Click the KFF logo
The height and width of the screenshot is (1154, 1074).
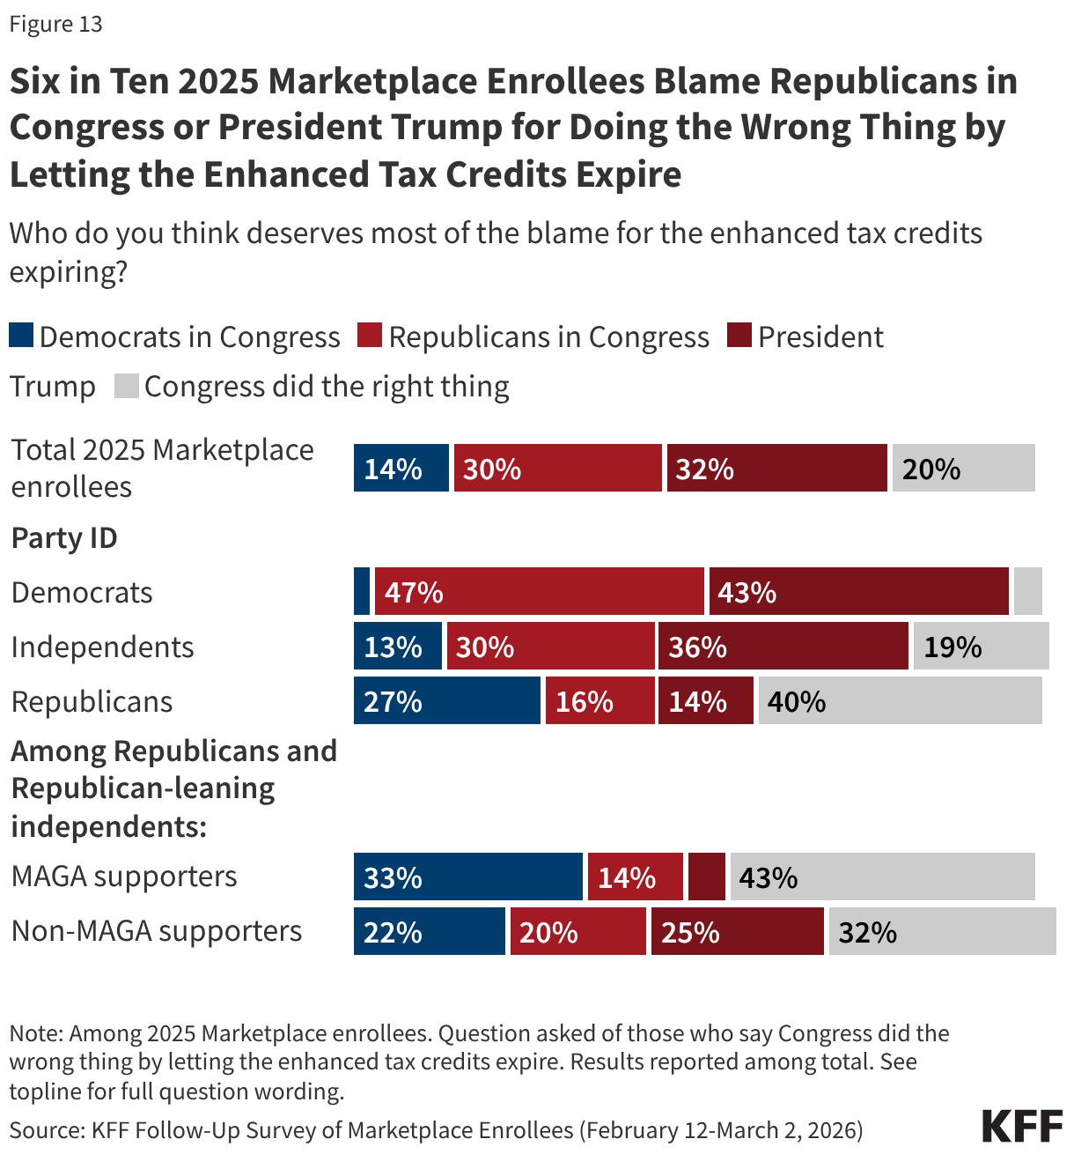coord(1022,1127)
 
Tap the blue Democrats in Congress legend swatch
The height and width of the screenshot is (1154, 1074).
coord(21,336)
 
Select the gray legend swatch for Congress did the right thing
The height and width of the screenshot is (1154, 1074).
coord(127,386)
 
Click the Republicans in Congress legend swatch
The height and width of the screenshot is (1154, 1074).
coord(370,336)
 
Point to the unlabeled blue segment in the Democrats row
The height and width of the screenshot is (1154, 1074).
coord(362,591)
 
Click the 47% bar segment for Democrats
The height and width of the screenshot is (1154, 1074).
coord(539,591)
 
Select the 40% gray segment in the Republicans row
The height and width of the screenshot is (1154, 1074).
coord(900,701)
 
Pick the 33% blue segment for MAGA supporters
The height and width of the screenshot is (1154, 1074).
coord(467,877)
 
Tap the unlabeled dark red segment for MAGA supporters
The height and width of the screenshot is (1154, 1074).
coord(706,877)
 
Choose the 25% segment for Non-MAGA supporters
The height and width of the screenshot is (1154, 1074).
coord(737,932)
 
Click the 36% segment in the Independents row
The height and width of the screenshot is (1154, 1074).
coord(783,647)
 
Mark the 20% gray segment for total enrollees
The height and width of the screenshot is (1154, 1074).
coord(963,468)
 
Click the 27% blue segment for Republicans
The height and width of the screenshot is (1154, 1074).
coord(446,701)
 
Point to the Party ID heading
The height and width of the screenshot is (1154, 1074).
coord(64,537)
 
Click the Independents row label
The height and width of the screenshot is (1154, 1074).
coord(102,647)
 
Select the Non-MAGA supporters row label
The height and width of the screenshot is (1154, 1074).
coord(157,931)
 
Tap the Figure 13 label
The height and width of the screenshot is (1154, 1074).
coord(55,24)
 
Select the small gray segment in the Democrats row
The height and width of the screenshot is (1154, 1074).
coord(1027,591)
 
